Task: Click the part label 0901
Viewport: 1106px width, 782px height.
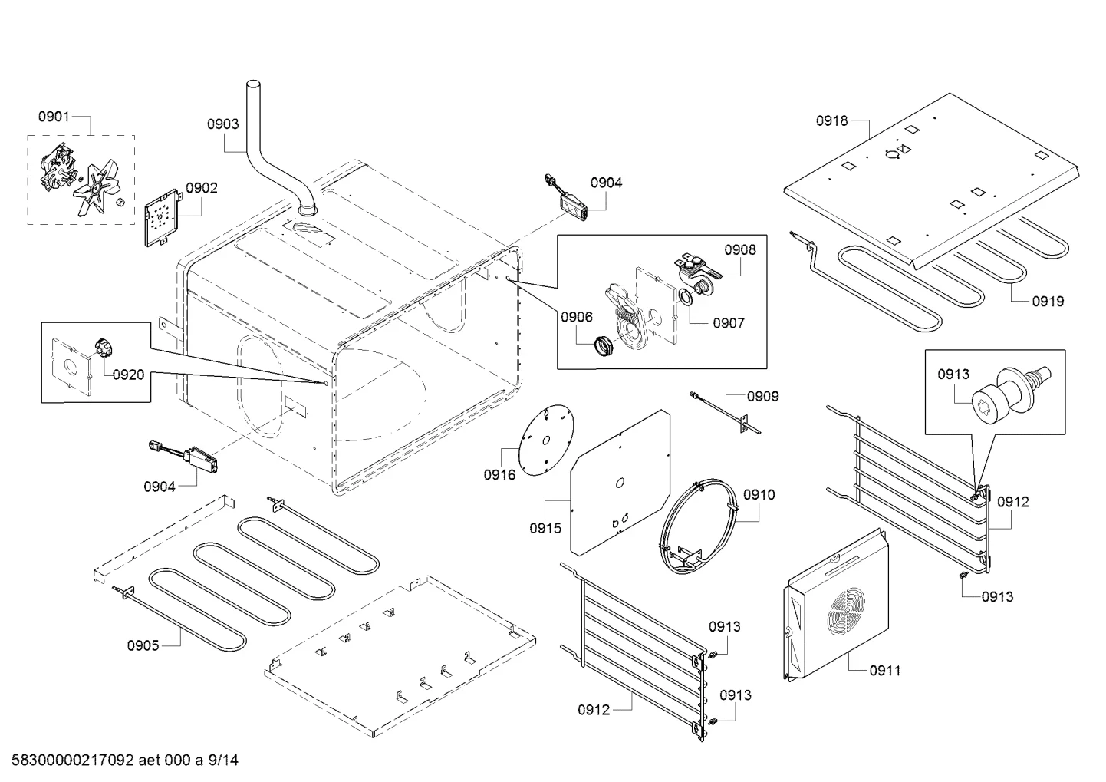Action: click(54, 117)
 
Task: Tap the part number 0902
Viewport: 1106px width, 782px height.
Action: click(202, 188)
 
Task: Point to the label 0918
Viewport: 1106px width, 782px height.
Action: click(831, 120)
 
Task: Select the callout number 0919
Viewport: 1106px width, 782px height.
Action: click(1048, 302)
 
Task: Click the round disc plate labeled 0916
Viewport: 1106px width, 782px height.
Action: click(546, 440)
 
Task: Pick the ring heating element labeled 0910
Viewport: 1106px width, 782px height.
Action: click(697, 526)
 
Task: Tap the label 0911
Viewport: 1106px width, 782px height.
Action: click(885, 671)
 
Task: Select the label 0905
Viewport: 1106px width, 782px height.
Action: click(143, 645)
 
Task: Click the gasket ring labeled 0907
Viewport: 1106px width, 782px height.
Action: click(685, 298)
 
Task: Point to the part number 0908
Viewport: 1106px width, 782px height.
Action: click(740, 250)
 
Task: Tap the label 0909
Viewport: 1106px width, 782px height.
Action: click(763, 396)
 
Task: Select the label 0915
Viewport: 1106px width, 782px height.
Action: click(545, 528)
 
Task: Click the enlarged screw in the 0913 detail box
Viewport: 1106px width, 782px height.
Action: click(1009, 394)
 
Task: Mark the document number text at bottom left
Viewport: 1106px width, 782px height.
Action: click(125, 760)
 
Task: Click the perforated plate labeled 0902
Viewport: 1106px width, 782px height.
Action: click(161, 218)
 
